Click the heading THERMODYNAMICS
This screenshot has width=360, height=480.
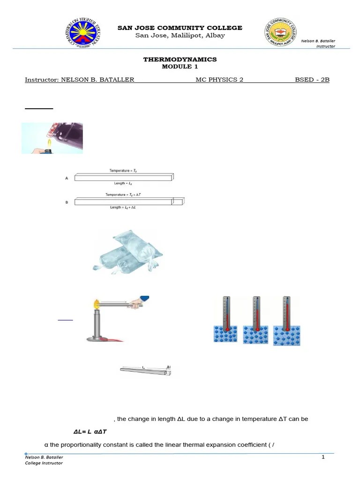180,60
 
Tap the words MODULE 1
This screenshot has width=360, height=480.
180,67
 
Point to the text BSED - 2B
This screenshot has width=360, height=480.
312,80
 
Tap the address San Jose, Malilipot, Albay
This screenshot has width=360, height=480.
180,36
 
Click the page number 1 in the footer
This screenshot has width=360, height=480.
323,457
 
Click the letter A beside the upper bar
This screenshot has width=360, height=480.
66,178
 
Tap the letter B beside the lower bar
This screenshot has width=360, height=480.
66,202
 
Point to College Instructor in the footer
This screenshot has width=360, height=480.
44,463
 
